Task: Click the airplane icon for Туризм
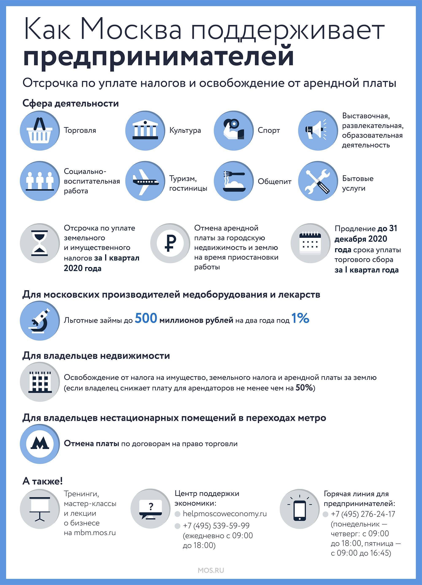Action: click(x=145, y=181)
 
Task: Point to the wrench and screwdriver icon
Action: click(x=318, y=181)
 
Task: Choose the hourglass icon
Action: click(x=40, y=243)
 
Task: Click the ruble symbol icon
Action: click(x=170, y=243)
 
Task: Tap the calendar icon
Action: click(x=310, y=243)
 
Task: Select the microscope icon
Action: click(x=40, y=320)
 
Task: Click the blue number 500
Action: click(x=146, y=318)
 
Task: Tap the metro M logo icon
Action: click(x=40, y=444)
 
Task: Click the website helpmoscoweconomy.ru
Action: click(x=225, y=513)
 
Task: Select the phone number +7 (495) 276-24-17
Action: click(x=363, y=514)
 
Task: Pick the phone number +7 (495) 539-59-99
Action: click(x=216, y=526)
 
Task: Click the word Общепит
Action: click(x=275, y=181)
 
